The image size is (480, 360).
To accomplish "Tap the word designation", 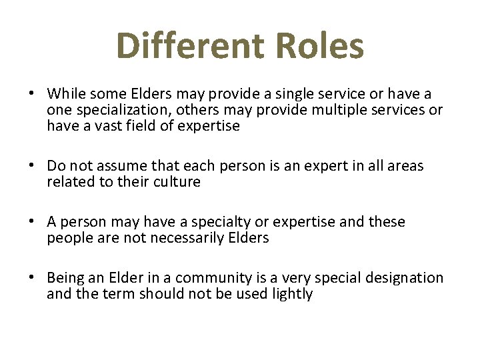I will point(403,278).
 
